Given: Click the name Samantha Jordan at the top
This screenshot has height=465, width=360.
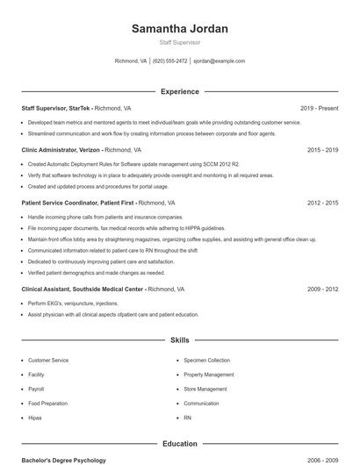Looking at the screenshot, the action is pos(179,29).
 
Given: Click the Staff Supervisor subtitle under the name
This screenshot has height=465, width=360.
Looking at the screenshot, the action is pos(179,42).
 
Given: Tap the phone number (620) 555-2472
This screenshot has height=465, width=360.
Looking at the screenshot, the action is pos(169,61).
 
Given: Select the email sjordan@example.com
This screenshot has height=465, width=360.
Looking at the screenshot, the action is pos(219,61).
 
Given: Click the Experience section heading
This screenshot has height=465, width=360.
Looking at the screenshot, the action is pos(179,91).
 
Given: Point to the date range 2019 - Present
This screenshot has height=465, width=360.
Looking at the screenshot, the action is pos(319,108).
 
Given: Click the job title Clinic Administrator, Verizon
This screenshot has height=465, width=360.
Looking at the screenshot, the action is pos(56,150).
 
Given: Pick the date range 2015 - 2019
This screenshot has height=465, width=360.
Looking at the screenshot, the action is pos(322,150).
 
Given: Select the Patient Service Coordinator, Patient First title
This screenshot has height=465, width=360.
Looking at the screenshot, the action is pos(77,203).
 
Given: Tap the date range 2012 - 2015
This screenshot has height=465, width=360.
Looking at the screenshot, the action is pos(322,203).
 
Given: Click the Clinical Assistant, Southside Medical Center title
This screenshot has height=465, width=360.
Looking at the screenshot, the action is pos(83,289).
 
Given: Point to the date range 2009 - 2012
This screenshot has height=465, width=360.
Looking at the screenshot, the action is pos(322,289).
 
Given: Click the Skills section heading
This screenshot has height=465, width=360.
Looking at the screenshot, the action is pos(179,340).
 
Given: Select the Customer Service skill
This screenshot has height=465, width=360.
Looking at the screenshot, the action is pos(48,361).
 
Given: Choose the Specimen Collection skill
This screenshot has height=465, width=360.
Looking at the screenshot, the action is pos(206,361).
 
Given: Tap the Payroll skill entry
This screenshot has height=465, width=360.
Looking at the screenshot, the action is pos(36,389).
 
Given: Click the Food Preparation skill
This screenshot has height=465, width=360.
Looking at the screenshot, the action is pos(47,404).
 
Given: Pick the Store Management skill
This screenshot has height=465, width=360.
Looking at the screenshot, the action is pos(205,389).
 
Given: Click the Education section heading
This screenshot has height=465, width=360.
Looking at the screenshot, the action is pos(179,444).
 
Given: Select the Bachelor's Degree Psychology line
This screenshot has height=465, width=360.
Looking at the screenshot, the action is pos(63,460).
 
